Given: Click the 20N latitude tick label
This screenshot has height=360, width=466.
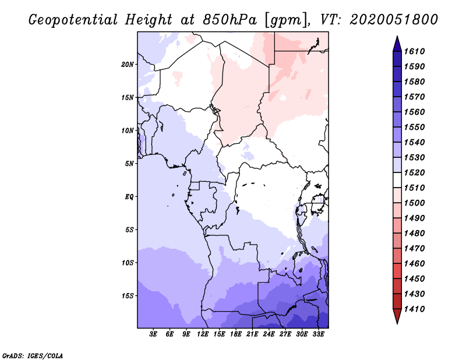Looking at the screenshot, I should (128, 64).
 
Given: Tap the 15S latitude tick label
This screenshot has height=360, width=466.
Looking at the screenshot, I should (128, 296).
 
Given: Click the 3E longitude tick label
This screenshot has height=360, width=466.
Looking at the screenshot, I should (154, 334).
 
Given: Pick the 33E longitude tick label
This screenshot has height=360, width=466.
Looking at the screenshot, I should (319, 334).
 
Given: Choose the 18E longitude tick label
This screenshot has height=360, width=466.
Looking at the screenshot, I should (236, 334).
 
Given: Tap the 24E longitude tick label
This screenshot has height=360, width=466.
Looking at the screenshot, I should (269, 334).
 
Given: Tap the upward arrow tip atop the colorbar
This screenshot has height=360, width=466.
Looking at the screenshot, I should (397, 38).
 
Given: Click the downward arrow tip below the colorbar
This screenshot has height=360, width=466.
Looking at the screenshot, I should (397, 322).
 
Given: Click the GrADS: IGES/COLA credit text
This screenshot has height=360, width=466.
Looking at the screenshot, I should (32, 355).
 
